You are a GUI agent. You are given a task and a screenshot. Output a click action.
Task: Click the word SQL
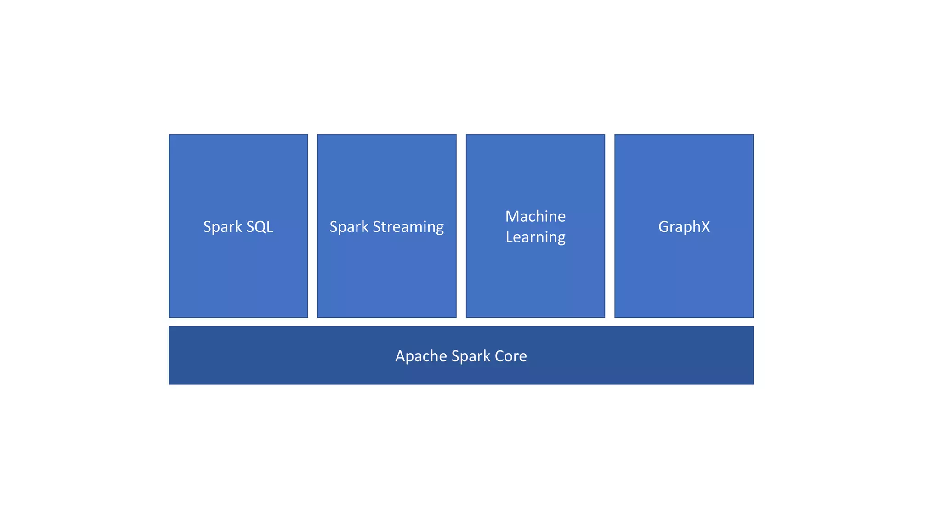point(260,227)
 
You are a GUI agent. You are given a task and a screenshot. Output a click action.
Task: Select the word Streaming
point(408,227)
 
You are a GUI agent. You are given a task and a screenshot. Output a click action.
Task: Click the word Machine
point(535,216)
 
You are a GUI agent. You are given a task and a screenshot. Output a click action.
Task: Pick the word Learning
point(535,237)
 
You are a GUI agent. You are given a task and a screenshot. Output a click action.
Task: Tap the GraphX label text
point(684,227)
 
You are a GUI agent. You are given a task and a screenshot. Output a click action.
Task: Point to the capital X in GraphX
point(705,227)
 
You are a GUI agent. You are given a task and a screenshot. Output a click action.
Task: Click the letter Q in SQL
point(260,227)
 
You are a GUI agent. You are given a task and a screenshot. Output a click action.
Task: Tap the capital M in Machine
point(512,216)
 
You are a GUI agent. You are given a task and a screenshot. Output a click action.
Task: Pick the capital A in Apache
point(400,356)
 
